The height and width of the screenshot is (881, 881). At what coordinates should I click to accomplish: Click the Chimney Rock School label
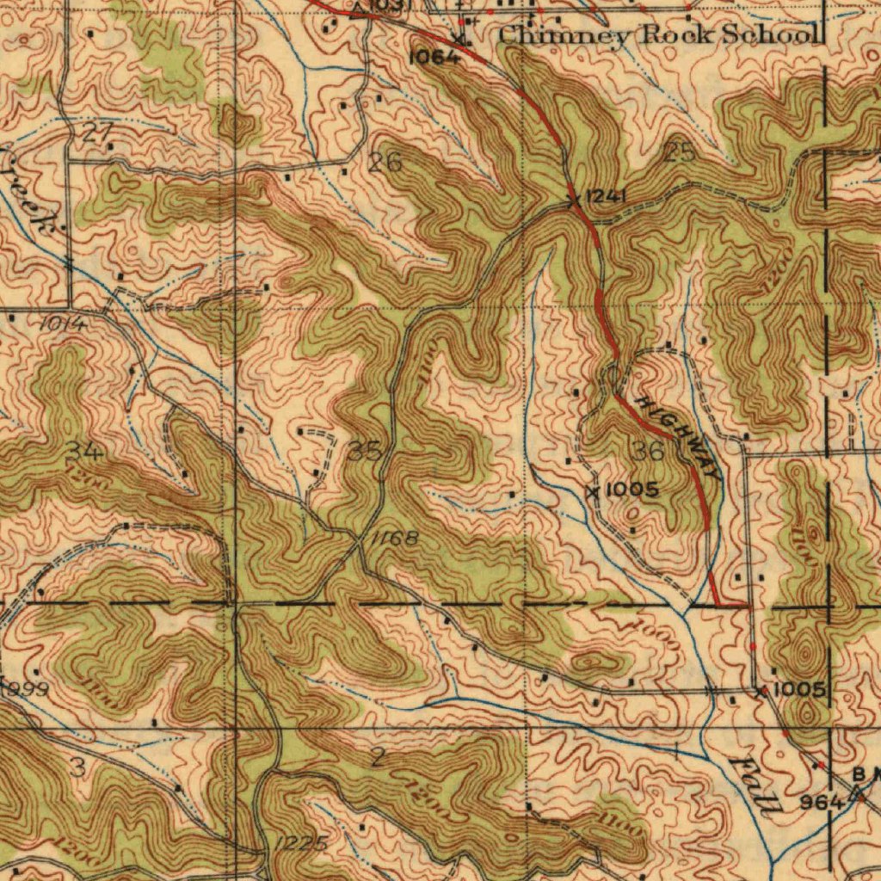(658, 35)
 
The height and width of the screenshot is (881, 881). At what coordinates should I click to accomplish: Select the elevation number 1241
(606, 198)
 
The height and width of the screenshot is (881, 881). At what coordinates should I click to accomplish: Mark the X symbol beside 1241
(574, 200)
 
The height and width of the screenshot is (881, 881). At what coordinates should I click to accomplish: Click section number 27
(99, 132)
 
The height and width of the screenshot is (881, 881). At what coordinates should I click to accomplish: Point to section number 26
(386, 161)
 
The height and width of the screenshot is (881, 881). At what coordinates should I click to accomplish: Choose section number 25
(679, 154)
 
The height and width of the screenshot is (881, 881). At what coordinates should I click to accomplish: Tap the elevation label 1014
(61, 324)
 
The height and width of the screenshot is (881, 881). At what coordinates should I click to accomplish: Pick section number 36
(647, 451)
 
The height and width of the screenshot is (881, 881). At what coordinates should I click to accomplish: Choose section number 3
(77, 767)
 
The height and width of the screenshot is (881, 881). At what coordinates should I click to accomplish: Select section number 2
(378, 758)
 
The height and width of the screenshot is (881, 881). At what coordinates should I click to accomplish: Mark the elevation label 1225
(301, 843)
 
